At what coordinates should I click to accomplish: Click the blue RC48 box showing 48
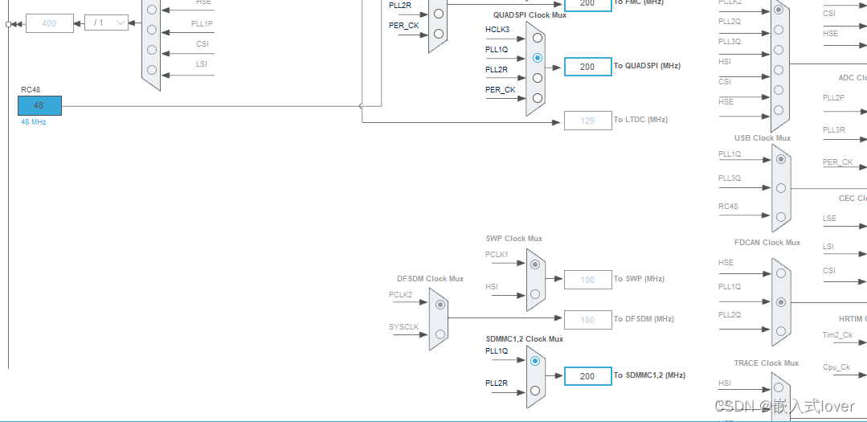pos(39,105)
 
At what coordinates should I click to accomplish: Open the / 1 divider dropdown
pos(106,23)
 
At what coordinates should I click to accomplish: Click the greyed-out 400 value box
pos(49,23)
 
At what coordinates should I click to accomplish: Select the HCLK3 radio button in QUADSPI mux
pos(537,37)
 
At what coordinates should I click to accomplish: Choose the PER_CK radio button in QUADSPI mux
pos(537,98)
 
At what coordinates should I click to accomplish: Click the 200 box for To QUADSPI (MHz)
pos(587,67)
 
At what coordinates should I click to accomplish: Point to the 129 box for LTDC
pos(587,121)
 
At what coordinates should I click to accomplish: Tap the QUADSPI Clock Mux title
pos(530,15)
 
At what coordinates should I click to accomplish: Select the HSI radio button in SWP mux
pos(536,294)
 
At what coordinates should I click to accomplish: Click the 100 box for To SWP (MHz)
pos(587,280)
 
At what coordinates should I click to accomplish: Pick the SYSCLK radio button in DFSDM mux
pos(440,334)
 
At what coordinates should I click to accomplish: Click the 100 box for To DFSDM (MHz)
pos(587,320)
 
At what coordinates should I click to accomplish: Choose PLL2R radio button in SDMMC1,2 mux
pos(536,391)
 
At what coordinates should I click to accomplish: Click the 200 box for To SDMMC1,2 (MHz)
pos(587,376)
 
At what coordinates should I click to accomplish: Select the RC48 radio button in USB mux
pos(780,216)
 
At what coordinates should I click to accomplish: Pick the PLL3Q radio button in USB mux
pos(780,188)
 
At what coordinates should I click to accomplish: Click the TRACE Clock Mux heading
pos(766,363)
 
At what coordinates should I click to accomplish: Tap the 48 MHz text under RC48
pos(34,121)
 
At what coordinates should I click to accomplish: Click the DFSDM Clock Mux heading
pos(430,279)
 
